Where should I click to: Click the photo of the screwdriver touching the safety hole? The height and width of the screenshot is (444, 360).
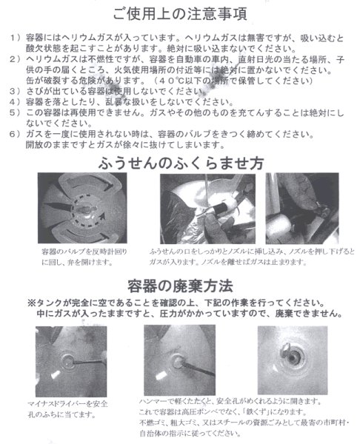click(71, 356)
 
